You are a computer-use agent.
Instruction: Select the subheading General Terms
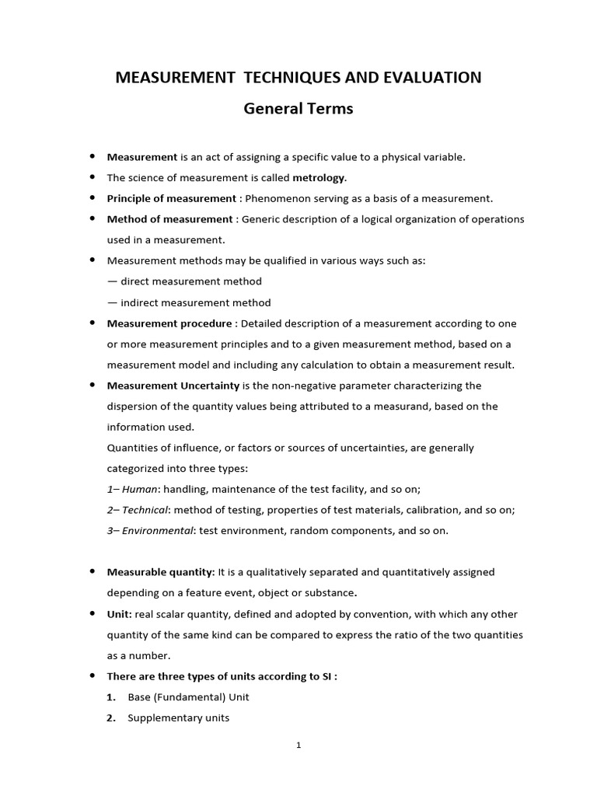298,109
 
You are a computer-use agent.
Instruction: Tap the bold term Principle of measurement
171,198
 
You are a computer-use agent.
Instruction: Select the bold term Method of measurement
169,219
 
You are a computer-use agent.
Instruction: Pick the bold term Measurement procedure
169,323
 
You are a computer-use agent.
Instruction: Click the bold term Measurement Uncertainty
173,386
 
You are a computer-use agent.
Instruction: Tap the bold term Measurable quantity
160,572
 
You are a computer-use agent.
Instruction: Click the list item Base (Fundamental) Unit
188,697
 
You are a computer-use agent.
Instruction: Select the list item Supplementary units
178,718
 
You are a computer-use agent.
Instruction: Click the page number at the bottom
298,745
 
